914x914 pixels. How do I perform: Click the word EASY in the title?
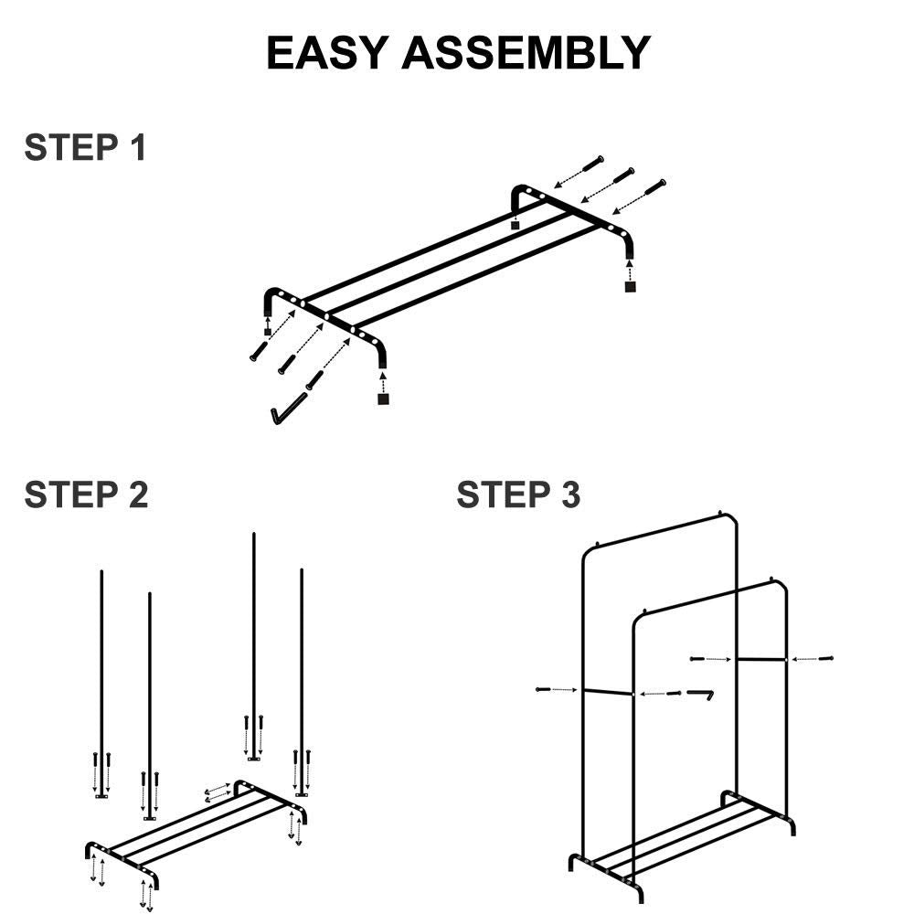pyautogui.click(x=327, y=53)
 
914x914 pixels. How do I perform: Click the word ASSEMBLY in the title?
pyautogui.click(x=526, y=53)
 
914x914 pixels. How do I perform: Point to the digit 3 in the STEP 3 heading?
pyautogui.click(x=569, y=494)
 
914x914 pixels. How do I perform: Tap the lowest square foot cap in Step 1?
pyautogui.click(x=383, y=399)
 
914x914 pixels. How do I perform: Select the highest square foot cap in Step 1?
pyautogui.click(x=516, y=224)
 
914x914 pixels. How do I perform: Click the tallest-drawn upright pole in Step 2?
pyautogui.click(x=253, y=640)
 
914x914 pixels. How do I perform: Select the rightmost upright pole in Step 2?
pyautogui.click(x=302, y=676)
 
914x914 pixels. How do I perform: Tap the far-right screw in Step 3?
pyautogui.click(x=826, y=657)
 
